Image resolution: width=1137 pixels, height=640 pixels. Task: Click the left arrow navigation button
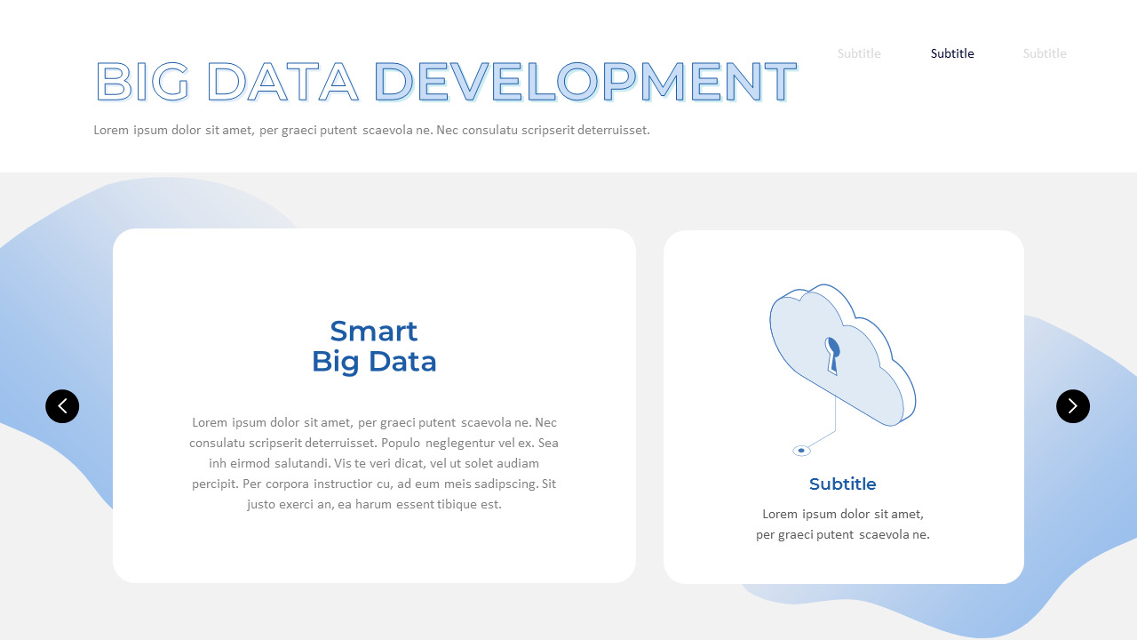point(62,406)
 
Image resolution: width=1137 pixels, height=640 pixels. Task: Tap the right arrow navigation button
point(1072,406)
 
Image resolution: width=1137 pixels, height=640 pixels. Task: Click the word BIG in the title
point(142,83)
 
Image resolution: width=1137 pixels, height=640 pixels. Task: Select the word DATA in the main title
point(282,83)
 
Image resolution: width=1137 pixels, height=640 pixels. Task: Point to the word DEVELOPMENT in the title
point(584,83)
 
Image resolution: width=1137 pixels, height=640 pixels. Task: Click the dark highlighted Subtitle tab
point(952,53)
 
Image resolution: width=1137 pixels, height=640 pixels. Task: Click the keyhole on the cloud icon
point(832,355)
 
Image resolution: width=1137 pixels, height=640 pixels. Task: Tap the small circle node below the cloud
point(801,451)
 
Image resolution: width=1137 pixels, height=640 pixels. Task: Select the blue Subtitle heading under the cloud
point(842,484)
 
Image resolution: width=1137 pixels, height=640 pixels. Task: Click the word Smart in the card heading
point(373,331)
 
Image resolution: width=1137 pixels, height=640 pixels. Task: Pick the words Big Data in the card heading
point(374,362)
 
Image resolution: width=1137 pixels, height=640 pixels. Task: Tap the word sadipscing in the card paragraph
point(505,484)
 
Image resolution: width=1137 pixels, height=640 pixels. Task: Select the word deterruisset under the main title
point(613,130)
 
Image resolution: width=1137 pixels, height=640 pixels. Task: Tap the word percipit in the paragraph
point(214,484)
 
